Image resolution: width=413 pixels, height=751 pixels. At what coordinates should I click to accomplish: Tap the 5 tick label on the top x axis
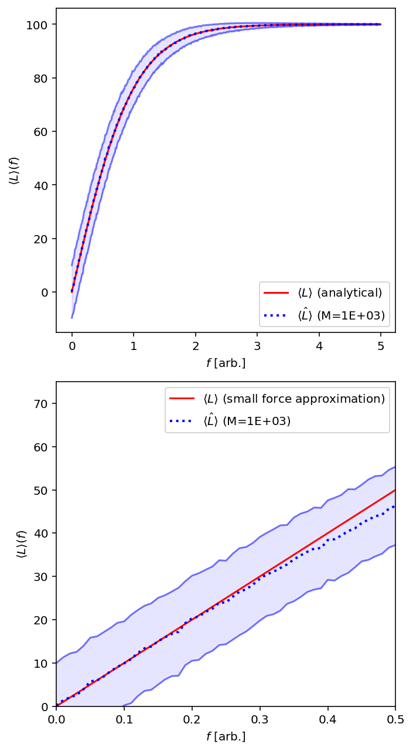tap(381, 346)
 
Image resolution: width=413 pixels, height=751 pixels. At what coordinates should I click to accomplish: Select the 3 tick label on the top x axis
tap(257, 346)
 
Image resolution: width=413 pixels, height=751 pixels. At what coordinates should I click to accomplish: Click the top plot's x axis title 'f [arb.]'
tap(226, 363)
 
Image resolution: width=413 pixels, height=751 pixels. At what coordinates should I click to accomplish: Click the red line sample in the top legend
tap(276, 293)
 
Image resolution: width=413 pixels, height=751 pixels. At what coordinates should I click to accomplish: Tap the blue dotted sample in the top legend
tap(276, 315)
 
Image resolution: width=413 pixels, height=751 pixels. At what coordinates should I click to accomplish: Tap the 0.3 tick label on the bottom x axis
tap(260, 719)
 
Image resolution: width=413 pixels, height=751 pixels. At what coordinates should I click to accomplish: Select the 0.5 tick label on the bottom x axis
tap(395, 719)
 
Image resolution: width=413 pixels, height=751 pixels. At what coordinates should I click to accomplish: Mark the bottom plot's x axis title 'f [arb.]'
tap(226, 736)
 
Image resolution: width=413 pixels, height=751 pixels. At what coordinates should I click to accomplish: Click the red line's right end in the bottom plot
tap(395, 490)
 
